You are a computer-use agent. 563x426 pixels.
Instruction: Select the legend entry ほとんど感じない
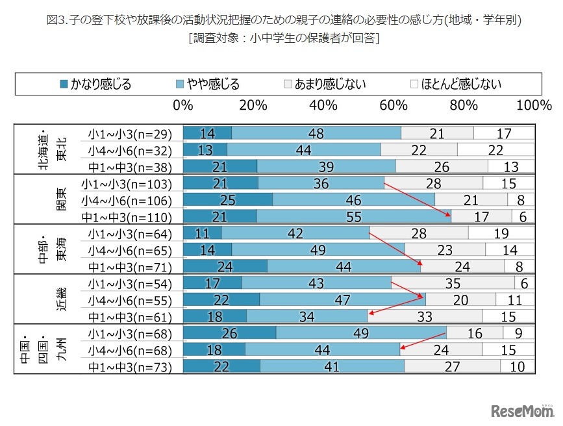coord(455,84)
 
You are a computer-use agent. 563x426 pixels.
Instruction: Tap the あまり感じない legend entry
coord(324,84)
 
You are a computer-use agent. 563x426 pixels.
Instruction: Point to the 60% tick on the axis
coord(394,105)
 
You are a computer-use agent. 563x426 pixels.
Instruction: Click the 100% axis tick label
coord(534,105)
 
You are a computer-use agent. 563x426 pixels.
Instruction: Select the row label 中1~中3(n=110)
coord(126,217)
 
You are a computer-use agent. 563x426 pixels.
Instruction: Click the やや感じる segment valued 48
coord(316,134)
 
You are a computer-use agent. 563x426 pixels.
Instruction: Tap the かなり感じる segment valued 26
coord(229,334)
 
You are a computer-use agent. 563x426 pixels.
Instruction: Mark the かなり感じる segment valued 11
coord(203,233)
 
